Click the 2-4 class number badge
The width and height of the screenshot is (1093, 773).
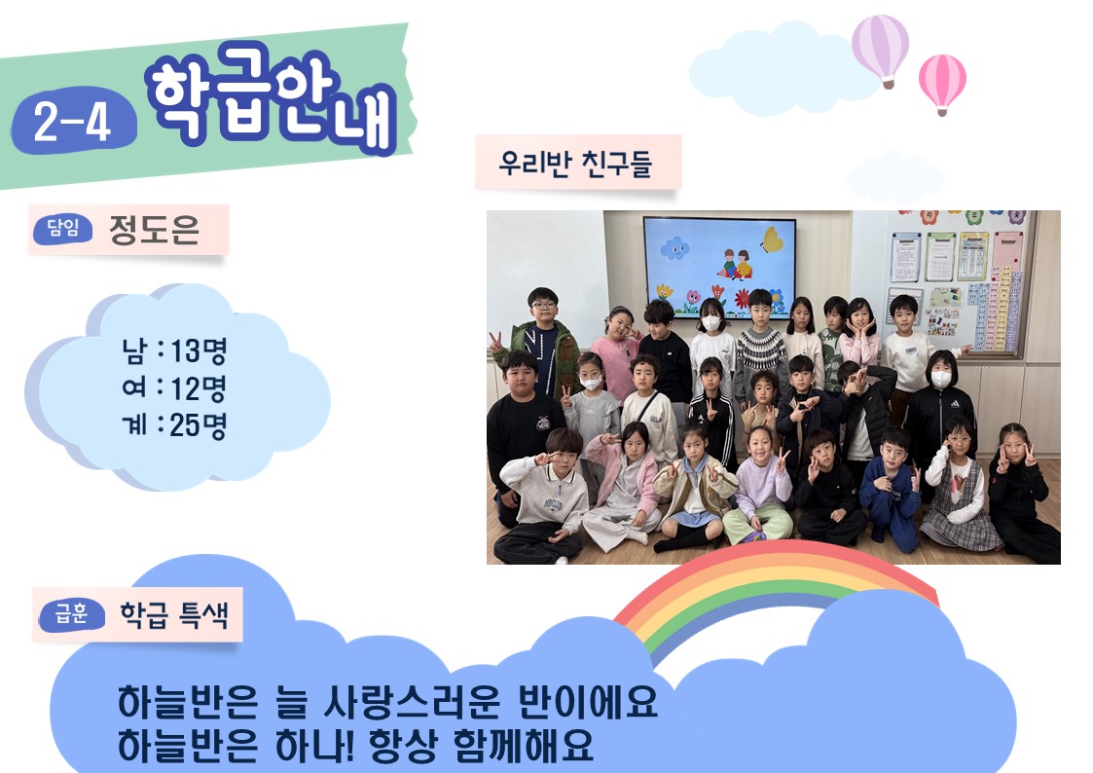73,121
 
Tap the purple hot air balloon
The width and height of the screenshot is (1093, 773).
881,51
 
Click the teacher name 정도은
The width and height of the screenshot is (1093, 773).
154,230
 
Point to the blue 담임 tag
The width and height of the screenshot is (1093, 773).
63,229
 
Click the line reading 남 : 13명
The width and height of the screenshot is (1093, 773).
175,350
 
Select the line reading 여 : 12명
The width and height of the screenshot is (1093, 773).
175,387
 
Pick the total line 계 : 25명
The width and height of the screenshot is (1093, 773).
175,424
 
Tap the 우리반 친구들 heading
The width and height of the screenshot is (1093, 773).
575,164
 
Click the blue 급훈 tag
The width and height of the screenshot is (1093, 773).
72,614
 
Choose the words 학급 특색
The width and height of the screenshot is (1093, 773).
174,614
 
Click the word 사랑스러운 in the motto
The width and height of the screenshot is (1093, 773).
412,701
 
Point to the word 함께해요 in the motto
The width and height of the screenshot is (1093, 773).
524,745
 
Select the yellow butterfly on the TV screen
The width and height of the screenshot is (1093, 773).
772,239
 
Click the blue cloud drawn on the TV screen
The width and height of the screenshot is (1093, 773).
674,247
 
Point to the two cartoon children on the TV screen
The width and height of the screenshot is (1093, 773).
736,264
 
